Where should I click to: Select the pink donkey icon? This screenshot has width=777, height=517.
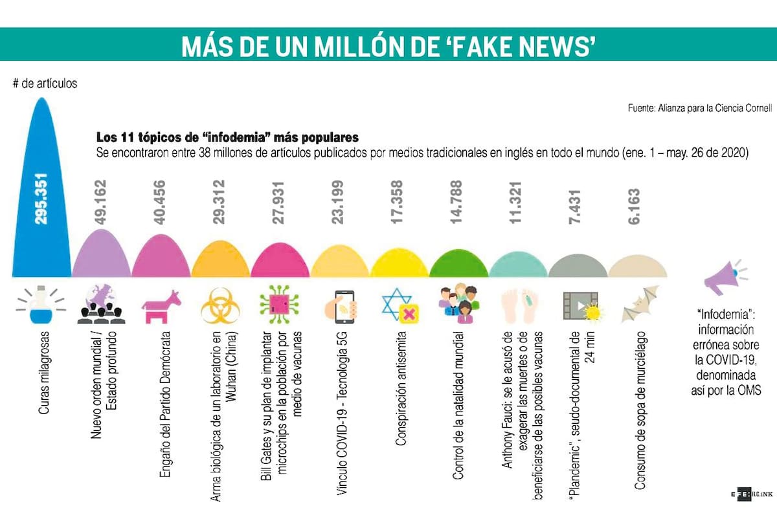[160, 306]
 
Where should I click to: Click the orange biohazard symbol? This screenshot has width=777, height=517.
[220, 306]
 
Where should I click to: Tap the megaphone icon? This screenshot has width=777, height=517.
[723, 277]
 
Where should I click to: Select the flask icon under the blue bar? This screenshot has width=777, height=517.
[41, 306]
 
